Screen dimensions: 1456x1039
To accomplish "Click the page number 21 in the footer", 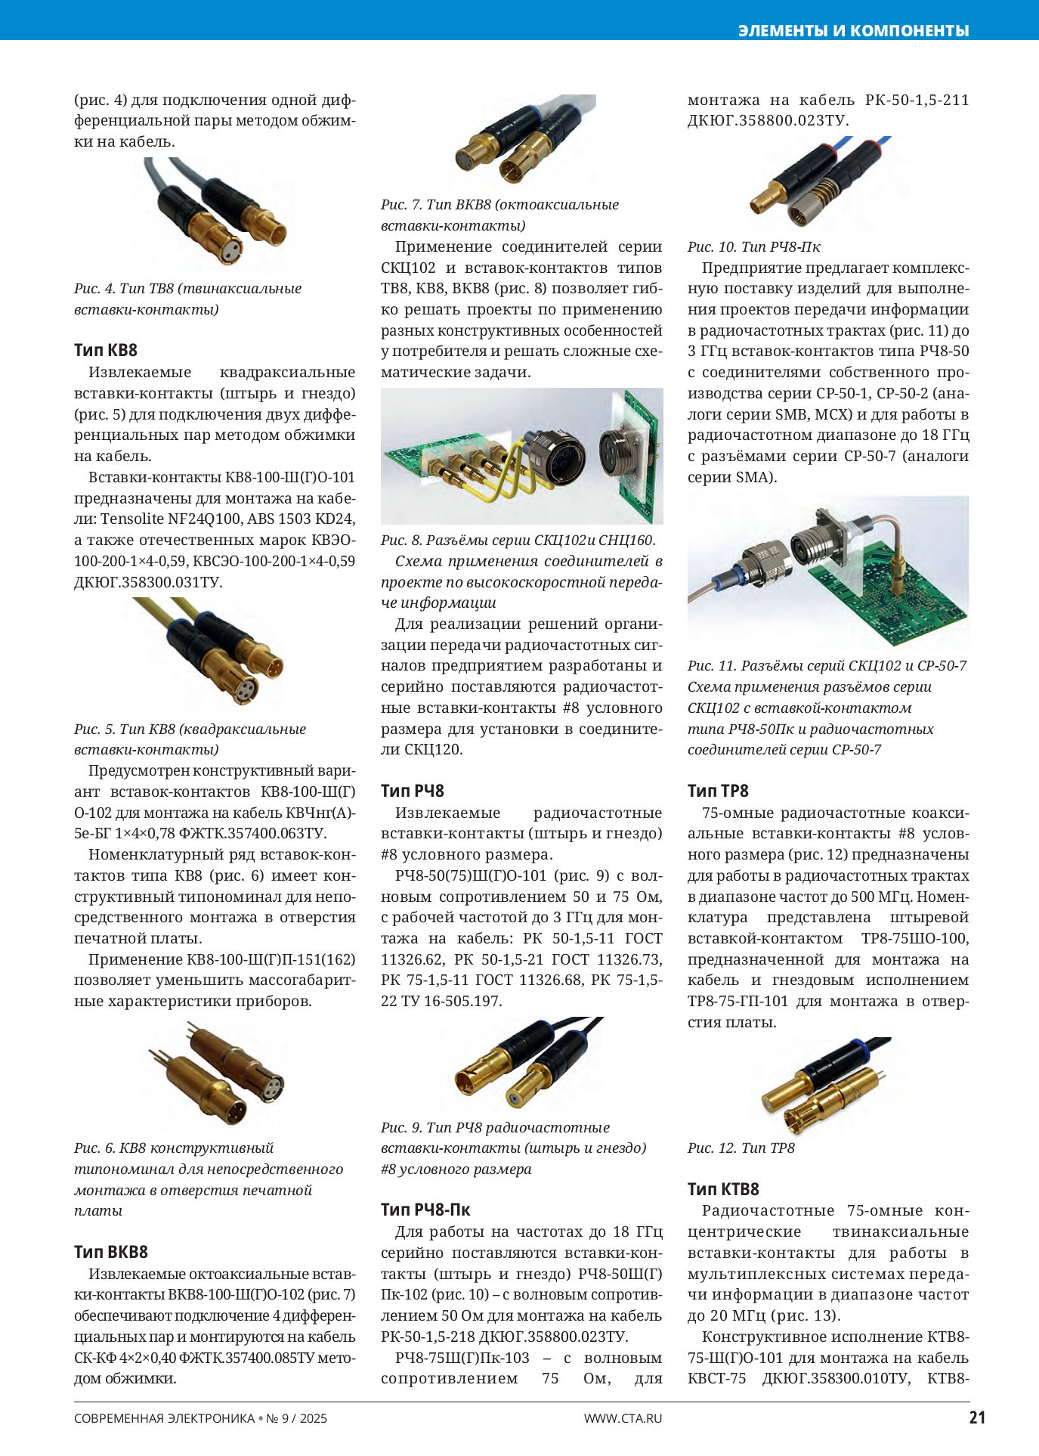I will [977, 1417].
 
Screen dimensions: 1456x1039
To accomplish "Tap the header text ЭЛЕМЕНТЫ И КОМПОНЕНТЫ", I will [853, 30].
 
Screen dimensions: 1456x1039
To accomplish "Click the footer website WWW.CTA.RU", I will [623, 1418].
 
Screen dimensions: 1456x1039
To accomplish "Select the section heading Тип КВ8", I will [106, 350].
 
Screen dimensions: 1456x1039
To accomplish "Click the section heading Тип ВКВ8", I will [111, 1252].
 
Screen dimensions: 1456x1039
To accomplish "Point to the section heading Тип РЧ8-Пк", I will [425, 1210].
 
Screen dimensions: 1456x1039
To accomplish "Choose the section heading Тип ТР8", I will [718, 791].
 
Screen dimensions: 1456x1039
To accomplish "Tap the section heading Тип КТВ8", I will [723, 1189].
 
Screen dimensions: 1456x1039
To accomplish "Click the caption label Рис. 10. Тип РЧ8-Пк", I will [753, 247].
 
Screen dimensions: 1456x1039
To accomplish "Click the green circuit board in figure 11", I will [892, 597].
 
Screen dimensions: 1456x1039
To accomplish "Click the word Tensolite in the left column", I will [132, 519].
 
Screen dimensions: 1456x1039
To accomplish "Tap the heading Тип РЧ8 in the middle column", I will [413, 791].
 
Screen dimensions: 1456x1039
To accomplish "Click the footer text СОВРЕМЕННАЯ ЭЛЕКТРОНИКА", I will [164, 1418].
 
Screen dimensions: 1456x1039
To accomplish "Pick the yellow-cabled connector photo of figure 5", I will [215, 652].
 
